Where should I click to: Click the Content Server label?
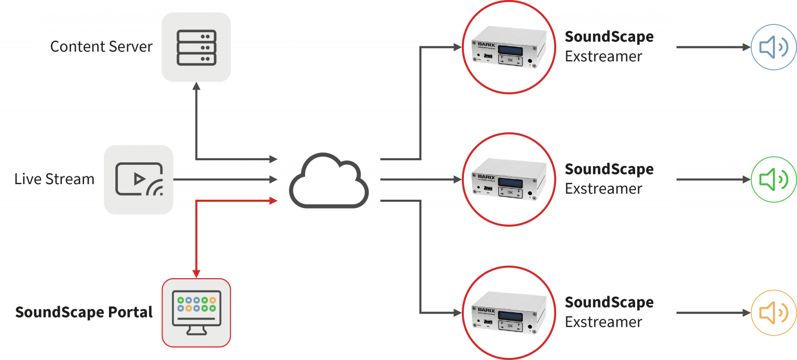coord(101,47)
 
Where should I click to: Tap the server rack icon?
coord(196,47)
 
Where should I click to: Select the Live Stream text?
coord(54,179)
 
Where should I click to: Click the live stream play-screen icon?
coord(139,179)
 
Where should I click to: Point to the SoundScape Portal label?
coord(84,312)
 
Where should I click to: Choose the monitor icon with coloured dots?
coord(196,312)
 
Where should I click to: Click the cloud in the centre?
coord(328,181)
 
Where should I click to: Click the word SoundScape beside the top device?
coord(609,37)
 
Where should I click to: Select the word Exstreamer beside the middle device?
coord(603,189)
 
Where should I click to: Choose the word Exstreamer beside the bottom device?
coord(603,322)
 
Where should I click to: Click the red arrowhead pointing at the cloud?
coord(274,200)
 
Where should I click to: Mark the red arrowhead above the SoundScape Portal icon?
coord(196,273)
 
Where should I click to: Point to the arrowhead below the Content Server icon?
coord(196,87)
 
